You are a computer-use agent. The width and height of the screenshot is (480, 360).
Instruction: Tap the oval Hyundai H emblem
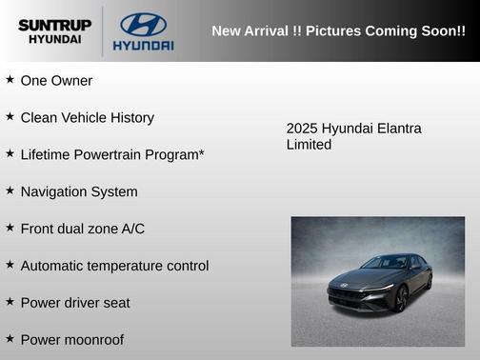143,24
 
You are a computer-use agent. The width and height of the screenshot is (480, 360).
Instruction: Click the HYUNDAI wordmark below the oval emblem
143,45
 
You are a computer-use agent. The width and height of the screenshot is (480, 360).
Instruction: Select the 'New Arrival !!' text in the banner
255,30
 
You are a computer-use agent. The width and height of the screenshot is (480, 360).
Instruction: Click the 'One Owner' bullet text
56,81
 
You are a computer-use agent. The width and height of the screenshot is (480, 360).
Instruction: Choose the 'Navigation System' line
79,191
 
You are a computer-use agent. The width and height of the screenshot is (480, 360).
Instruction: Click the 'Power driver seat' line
75,303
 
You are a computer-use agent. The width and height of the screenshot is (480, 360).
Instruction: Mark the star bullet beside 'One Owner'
10,80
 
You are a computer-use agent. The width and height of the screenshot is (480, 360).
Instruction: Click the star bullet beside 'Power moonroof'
10,338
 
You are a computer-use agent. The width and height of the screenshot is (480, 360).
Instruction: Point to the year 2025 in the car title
302,129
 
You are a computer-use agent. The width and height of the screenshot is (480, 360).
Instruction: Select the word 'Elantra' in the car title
396,129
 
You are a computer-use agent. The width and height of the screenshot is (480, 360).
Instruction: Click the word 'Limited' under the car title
309,145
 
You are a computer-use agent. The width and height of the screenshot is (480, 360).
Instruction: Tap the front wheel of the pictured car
401,300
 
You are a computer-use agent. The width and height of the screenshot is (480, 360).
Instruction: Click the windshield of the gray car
386,263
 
